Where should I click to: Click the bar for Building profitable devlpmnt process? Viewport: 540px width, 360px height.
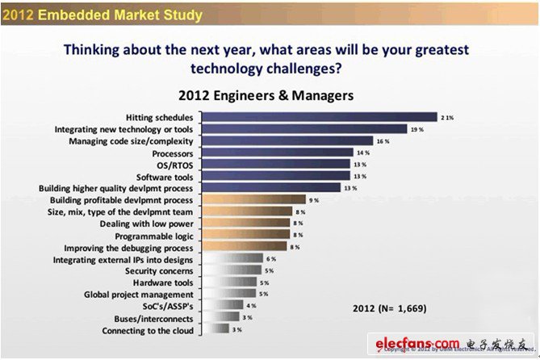point(253,199)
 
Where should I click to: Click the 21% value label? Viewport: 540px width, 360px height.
point(447,117)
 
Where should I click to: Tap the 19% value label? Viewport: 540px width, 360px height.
point(417,129)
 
